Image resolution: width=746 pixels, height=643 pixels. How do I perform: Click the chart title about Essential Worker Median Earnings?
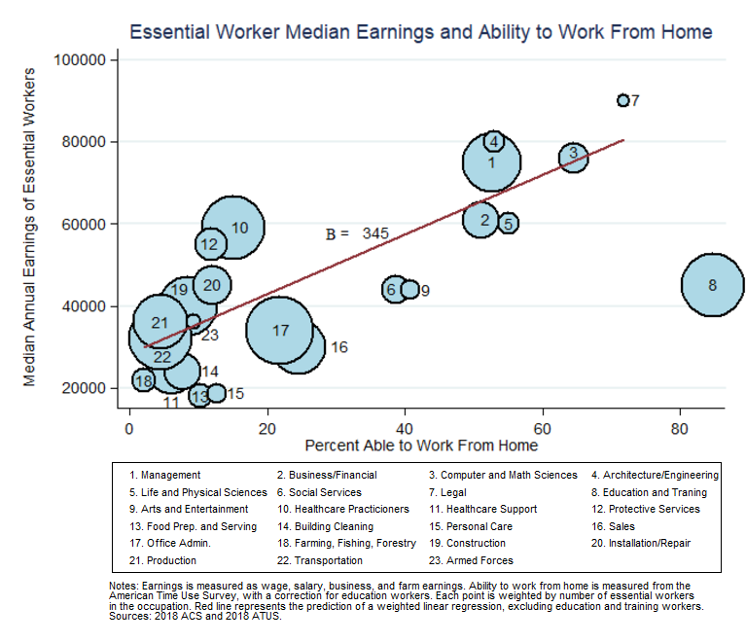421,32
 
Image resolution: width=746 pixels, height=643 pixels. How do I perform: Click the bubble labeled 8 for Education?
713,285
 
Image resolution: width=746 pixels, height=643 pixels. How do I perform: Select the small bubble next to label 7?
622,100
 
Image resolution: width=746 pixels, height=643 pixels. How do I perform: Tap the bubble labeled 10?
232,227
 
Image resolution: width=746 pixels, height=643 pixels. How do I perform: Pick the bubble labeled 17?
281,331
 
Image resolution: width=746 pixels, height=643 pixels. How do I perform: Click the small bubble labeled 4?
494,141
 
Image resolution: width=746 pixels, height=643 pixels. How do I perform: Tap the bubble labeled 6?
393,289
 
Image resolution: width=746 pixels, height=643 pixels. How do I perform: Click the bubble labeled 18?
144,380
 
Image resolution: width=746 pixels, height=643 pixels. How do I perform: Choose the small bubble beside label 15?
216,393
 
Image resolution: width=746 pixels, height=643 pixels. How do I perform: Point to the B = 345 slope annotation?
357,233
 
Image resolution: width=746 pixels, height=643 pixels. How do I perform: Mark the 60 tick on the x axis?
542,427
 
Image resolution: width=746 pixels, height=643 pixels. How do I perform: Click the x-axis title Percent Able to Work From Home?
421,446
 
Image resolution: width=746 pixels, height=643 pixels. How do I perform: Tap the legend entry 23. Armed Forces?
472,560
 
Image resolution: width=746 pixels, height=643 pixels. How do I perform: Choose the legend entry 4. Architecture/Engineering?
655,476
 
